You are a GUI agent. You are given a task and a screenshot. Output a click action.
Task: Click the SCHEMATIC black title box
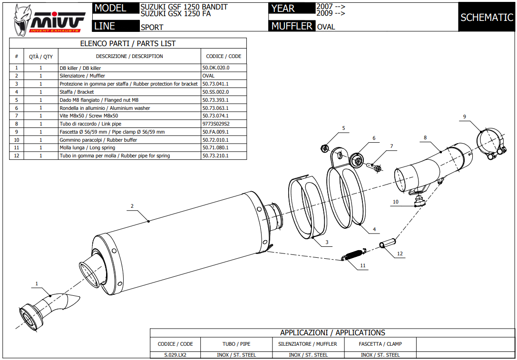click(x=487, y=18)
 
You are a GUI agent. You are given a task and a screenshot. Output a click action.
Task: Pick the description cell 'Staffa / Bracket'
click(x=77, y=92)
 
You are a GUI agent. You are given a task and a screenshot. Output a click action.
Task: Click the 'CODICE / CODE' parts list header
click(x=224, y=56)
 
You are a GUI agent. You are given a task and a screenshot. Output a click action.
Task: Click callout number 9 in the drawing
click(x=464, y=117)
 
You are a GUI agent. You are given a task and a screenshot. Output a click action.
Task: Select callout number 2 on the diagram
click(x=132, y=206)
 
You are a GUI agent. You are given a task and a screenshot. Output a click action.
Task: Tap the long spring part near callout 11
click(x=353, y=255)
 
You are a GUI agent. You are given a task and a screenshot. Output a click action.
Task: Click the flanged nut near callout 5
click(x=324, y=148)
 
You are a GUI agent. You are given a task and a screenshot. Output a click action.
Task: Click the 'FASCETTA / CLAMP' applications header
click(x=381, y=344)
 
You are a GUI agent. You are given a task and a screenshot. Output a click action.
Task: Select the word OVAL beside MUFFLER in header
click(x=326, y=27)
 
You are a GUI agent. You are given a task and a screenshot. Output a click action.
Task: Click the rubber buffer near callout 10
click(x=419, y=202)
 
